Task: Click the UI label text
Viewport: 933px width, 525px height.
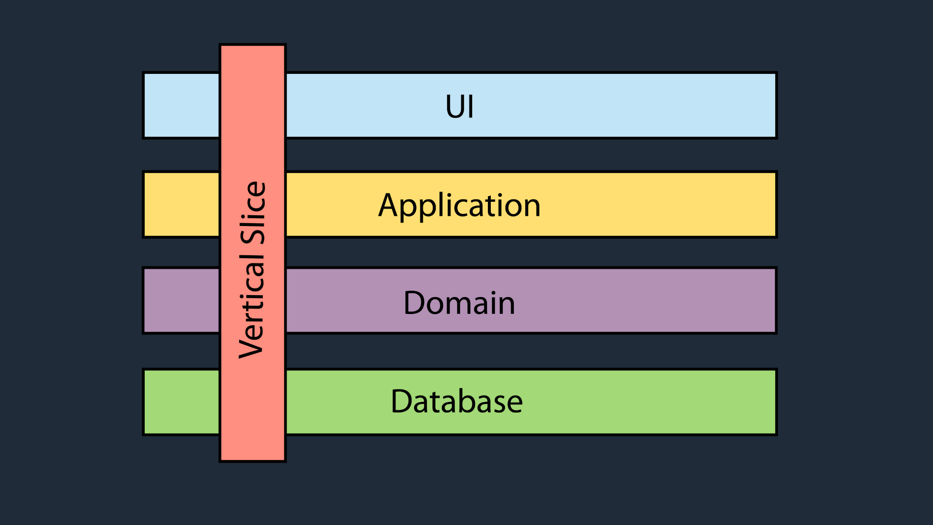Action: pos(459,106)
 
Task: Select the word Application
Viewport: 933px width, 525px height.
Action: pos(459,206)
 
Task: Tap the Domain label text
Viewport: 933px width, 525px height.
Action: pos(459,303)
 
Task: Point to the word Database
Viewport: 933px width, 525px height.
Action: pos(457,401)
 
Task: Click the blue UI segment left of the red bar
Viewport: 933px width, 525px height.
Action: pos(182,105)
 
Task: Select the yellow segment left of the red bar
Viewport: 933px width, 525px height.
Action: pos(182,205)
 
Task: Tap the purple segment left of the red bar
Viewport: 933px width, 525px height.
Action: pos(182,301)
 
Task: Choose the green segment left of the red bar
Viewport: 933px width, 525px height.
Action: pos(182,402)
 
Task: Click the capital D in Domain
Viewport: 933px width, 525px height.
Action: pos(415,303)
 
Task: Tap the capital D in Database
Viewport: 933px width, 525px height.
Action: pos(402,401)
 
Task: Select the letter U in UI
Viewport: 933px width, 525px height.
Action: pos(456,106)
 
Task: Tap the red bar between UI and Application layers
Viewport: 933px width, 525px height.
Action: pos(253,155)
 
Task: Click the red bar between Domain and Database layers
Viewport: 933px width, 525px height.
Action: pos(253,351)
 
